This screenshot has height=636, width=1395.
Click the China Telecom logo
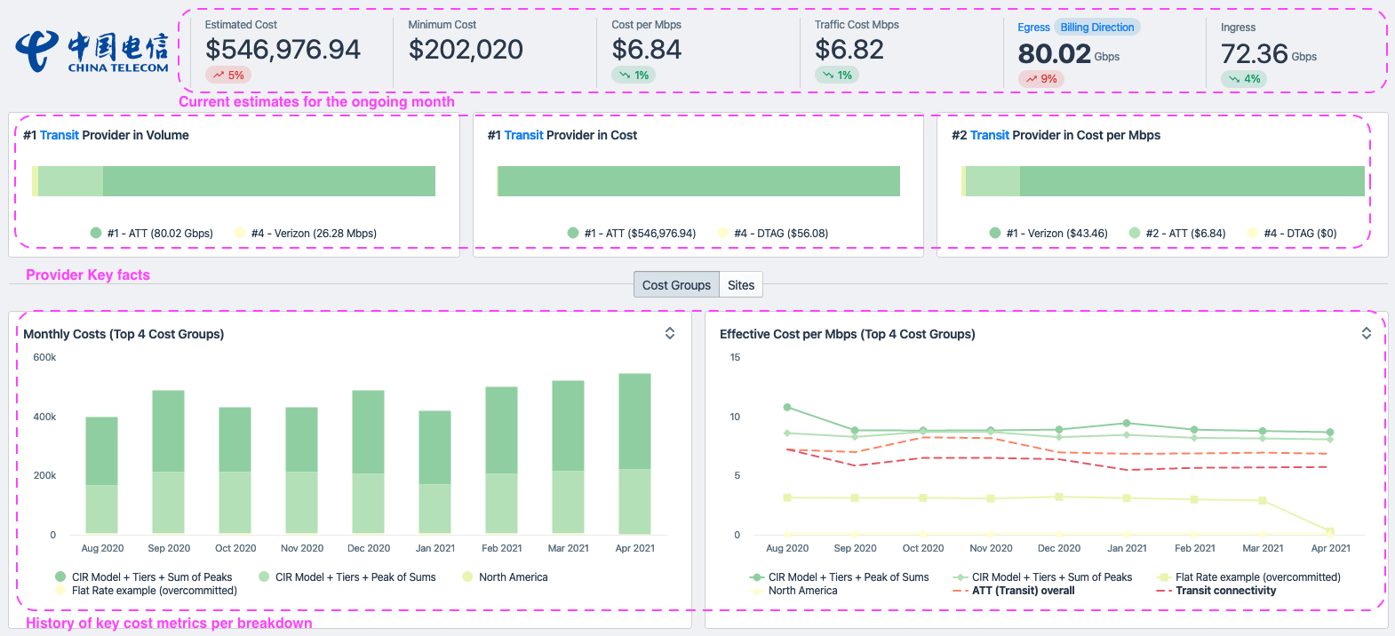(x=92, y=52)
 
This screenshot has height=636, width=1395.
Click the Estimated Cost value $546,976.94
(x=283, y=50)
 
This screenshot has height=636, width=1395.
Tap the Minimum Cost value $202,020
(x=466, y=50)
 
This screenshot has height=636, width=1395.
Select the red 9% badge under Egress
(x=1041, y=79)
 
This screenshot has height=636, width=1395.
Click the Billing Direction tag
(x=1096, y=28)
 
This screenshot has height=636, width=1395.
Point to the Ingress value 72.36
(x=1254, y=55)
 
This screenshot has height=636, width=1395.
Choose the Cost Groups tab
(x=676, y=285)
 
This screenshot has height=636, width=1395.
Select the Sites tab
(x=741, y=285)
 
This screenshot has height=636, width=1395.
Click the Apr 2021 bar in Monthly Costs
(x=634, y=453)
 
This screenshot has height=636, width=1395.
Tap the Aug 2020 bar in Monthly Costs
(x=101, y=475)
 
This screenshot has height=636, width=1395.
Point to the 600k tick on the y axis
(x=44, y=357)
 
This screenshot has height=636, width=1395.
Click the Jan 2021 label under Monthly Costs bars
(x=435, y=548)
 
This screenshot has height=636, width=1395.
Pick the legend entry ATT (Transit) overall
(x=1023, y=591)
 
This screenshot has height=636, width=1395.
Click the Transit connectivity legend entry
(x=1225, y=591)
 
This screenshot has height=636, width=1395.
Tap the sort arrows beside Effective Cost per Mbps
(x=1367, y=333)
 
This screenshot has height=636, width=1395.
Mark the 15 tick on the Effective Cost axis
(x=735, y=357)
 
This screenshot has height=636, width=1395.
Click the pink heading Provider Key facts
(x=88, y=275)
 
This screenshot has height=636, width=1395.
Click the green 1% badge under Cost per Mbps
(x=634, y=76)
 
